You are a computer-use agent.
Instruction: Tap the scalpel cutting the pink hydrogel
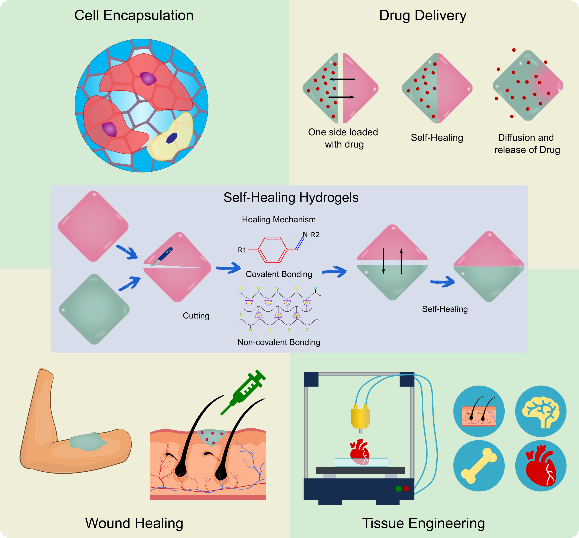(163, 256)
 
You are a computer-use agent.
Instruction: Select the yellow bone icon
(479, 466)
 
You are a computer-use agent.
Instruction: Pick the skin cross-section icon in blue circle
(479, 411)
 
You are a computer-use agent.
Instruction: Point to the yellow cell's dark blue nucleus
(172, 138)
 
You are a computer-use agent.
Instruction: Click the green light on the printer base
(398, 489)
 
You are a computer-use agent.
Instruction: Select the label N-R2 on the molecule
(311, 235)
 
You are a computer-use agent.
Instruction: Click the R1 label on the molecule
(242, 250)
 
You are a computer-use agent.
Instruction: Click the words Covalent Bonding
(279, 274)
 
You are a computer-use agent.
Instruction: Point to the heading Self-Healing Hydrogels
(291, 197)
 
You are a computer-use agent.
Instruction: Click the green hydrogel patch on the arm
(88, 442)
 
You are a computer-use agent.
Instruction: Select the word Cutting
(196, 316)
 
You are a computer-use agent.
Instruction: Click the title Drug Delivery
(422, 15)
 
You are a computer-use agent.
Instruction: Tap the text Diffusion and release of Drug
(527, 144)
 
